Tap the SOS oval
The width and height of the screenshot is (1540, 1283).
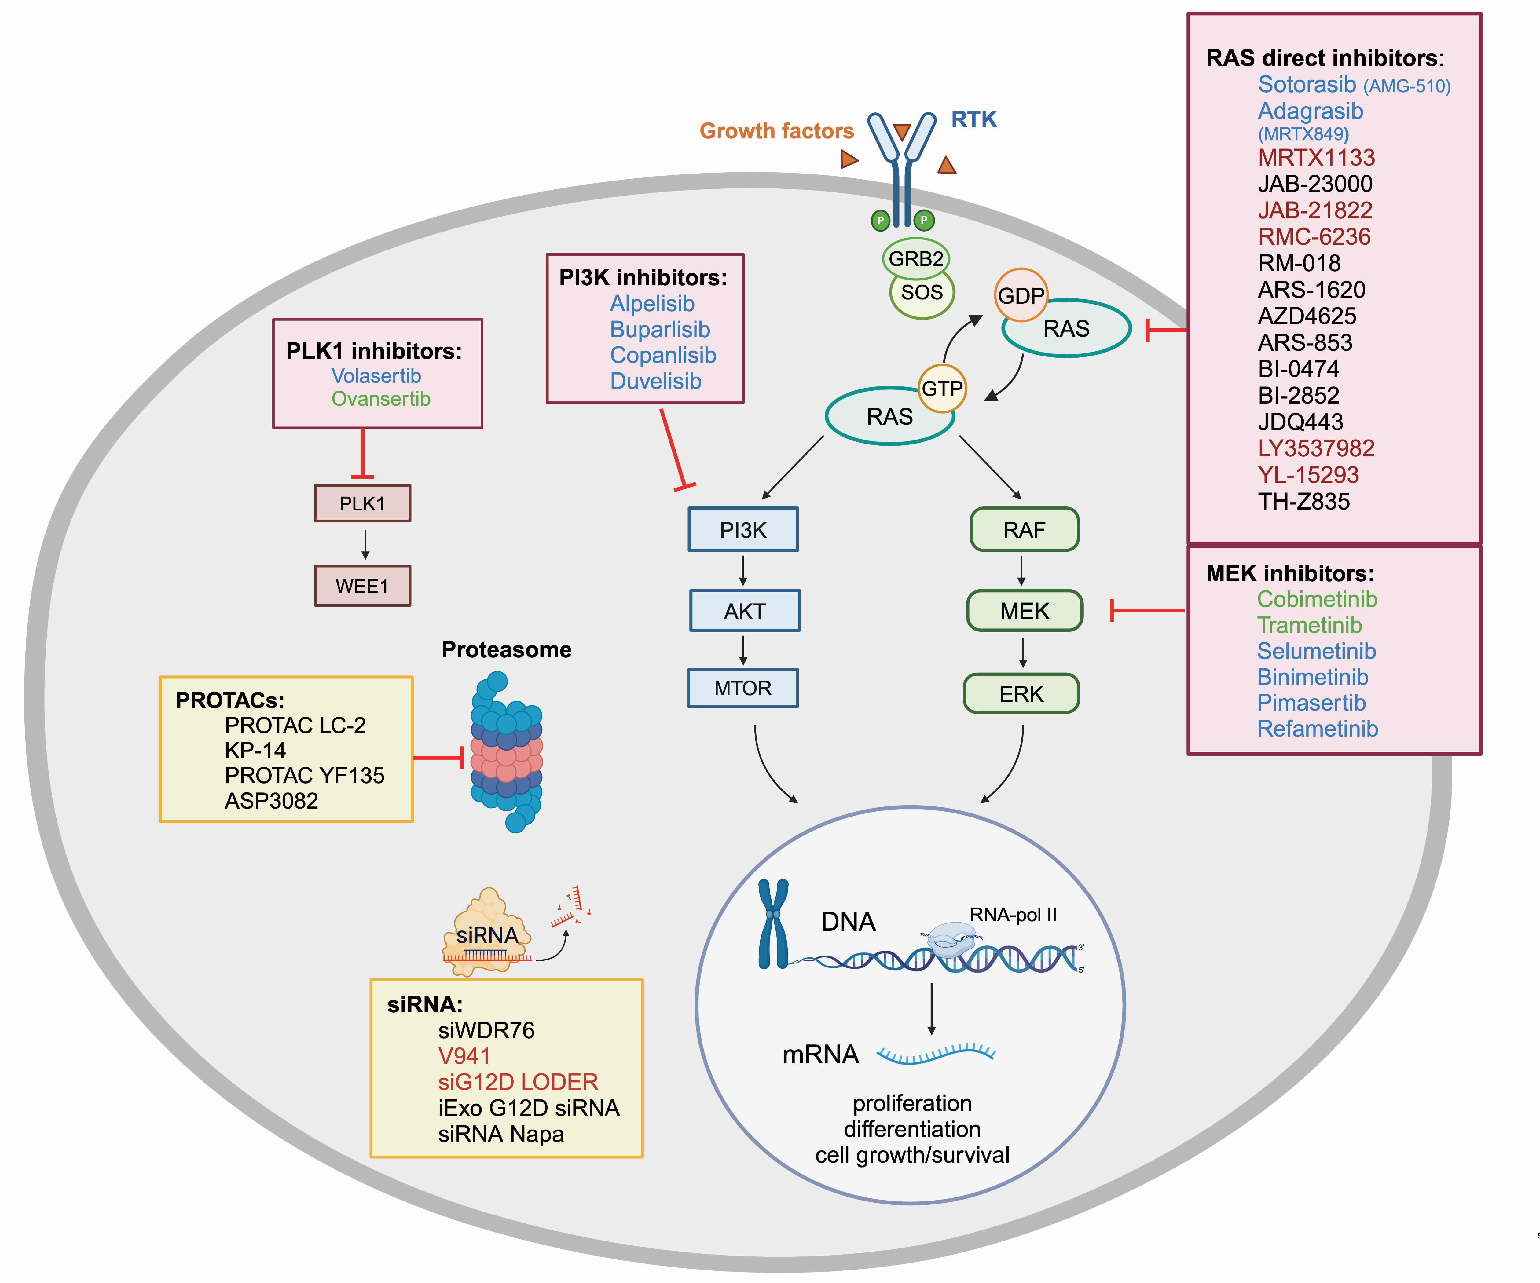[922, 293]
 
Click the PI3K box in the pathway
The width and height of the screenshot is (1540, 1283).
[743, 529]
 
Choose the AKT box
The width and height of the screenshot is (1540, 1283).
[744, 611]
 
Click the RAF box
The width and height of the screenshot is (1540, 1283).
[1025, 529]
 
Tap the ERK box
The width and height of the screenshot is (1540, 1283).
[1021, 693]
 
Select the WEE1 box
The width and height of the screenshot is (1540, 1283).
[362, 586]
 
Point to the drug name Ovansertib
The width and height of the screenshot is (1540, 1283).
[381, 399]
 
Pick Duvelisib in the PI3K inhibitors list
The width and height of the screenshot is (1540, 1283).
[656, 381]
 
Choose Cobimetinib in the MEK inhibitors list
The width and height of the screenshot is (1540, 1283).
[1317, 599]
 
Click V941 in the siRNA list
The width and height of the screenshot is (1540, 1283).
[464, 1056]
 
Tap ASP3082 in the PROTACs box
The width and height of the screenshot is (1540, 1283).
[271, 801]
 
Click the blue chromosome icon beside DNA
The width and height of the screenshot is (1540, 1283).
[773, 924]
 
